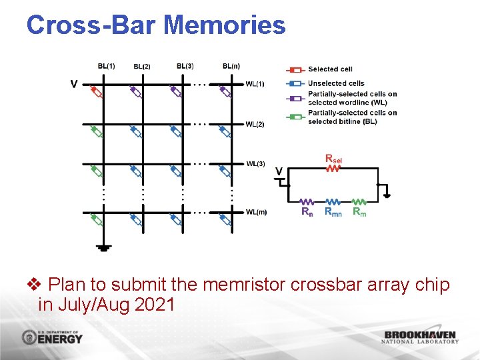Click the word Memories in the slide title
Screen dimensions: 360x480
[x=224, y=25]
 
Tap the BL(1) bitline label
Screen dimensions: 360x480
[x=106, y=66]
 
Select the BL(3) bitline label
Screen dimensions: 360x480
[x=185, y=66]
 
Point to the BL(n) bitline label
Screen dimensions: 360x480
[x=231, y=66]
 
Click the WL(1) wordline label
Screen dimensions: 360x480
[x=255, y=84]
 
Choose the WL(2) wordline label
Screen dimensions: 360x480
[x=255, y=124]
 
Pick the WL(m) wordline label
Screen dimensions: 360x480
[x=256, y=213]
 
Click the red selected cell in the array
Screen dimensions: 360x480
[x=97, y=91]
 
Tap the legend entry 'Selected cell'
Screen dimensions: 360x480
[x=330, y=69]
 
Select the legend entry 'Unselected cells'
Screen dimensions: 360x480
[x=336, y=83]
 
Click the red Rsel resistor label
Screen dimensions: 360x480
[x=334, y=159]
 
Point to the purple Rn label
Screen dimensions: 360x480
[x=307, y=212]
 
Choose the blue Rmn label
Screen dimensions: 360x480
[x=333, y=212]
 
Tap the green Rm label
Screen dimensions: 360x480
[x=359, y=212]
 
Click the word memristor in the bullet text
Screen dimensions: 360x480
[x=245, y=285]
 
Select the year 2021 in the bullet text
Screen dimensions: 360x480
[x=155, y=305]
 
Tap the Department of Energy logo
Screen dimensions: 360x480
[x=52, y=337]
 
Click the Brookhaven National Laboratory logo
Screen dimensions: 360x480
[x=421, y=337]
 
